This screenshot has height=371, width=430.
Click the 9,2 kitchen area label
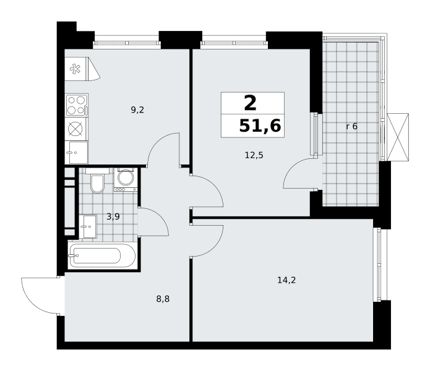coord(137,110)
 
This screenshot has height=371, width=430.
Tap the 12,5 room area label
coord(254,155)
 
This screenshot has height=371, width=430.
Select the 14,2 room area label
coord(286,280)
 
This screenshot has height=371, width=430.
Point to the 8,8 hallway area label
coord(163,299)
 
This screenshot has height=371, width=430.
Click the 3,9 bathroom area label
coord(113,217)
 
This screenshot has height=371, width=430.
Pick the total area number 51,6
coord(260,126)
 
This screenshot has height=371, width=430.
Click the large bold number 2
coord(250,103)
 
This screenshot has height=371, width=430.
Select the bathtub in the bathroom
coord(103,256)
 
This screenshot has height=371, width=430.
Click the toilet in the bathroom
coord(97,181)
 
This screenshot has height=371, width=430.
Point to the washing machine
coord(126,179)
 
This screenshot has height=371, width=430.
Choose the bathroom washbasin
coord(88,226)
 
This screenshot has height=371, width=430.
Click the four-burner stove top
coord(77,105)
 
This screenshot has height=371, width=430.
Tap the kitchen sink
coord(77,152)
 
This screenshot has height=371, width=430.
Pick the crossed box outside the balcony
coord(398,137)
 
